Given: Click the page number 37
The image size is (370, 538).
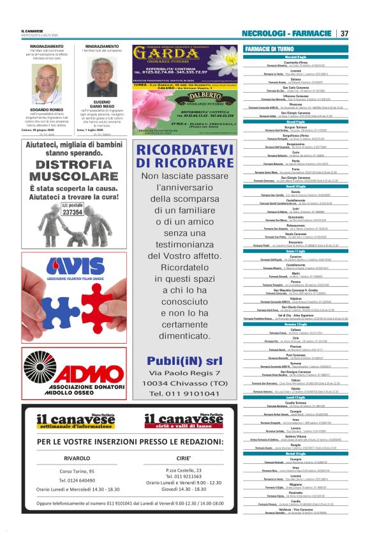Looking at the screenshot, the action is pyautogui.click(x=344, y=33).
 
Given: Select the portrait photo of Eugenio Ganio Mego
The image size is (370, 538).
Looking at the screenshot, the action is pyautogui.click(x=101, y=79).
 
